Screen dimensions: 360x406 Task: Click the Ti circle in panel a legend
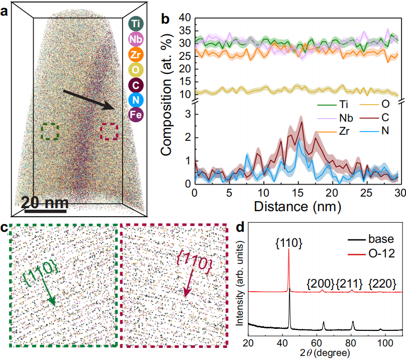135,24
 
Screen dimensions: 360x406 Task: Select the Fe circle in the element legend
135,114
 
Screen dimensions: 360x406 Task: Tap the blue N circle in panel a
135,99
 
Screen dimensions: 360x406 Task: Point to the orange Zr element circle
135,54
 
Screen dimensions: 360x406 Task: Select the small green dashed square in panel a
50,132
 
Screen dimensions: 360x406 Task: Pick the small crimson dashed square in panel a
109,132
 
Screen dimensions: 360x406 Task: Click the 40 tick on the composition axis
186,18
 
